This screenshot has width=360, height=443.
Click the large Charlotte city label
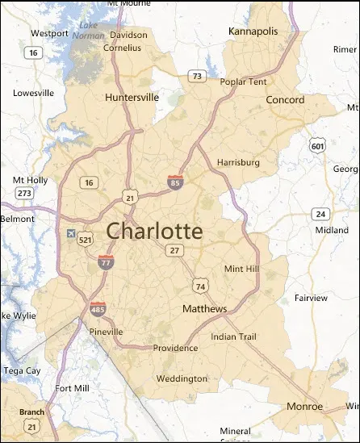click(154, 231)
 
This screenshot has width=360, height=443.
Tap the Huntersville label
click(132, 98)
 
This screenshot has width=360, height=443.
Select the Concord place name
click(286, 100)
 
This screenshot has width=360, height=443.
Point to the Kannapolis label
click(253, 31)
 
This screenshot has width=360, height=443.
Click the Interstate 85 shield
click(174, 182)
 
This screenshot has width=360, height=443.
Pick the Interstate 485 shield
click(98, 308)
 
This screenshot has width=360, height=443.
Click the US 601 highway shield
click(317, 144)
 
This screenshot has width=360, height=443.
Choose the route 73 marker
click(196, 76)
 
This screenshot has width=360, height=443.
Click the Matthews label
click(204, 309)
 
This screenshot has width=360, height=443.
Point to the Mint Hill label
click(241, 269)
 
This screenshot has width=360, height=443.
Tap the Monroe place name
click(305, 406)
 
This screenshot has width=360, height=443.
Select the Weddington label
click(182, 378)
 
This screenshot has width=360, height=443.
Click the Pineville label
click(107, 332)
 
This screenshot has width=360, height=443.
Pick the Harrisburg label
click(239, 162)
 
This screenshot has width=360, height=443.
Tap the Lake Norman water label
click(89, 31)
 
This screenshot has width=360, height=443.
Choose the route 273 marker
click(24, 193)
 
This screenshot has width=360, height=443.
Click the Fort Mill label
click(72, 388)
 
